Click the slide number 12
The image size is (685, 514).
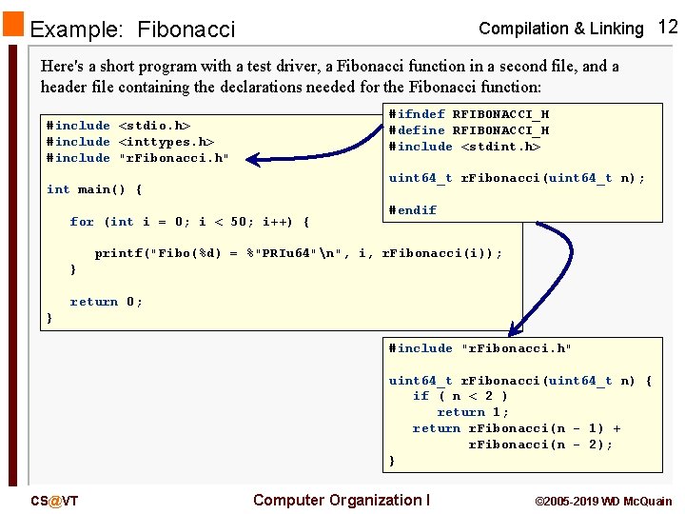click(667, 27)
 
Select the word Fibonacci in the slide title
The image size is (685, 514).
click(186, 30)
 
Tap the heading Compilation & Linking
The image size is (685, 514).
click(560, 29)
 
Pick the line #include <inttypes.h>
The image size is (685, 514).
click(130, 142)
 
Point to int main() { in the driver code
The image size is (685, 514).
click(94, 189)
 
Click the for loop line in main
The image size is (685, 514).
click(189, 222)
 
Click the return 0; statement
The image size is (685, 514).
click(106, 302)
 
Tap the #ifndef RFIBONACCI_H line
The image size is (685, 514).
click(468, 114)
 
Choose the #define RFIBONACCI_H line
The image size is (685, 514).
click(468, 130)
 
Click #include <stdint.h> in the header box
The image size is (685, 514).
click(464, 147)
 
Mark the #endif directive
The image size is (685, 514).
click(412, 210)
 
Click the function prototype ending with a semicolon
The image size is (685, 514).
click(517, 178)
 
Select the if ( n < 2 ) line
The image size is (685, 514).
click(460, 396)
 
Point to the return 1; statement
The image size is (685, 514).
click(473, 412)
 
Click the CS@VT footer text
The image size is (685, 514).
click(54, 501)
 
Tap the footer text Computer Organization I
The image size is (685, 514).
click(342, 501)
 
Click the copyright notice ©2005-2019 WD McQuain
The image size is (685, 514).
click(603, 502)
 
